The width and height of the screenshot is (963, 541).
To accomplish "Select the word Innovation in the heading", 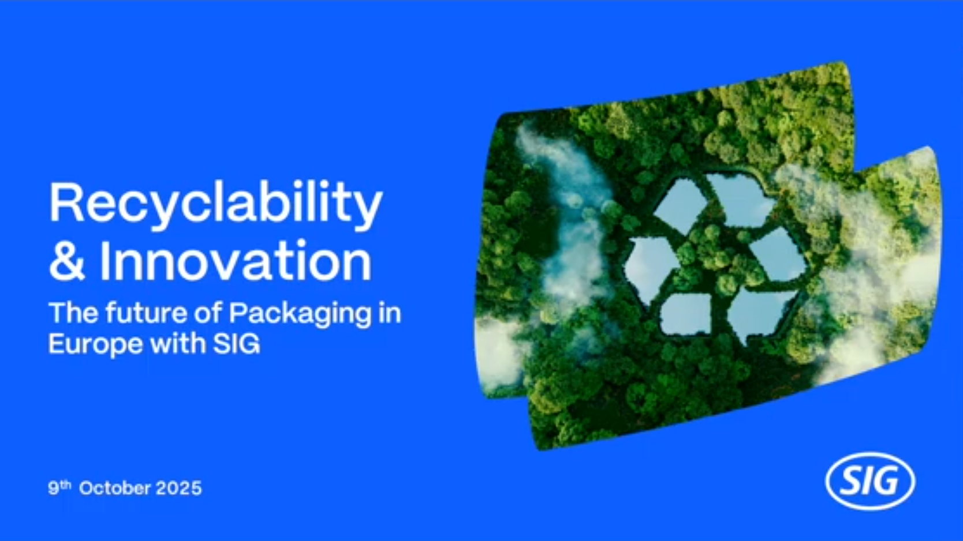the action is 235,260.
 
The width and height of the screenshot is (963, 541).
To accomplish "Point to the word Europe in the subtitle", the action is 95,345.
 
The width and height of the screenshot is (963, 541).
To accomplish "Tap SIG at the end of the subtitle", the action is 237,344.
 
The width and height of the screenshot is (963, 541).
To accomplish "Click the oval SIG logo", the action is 870,482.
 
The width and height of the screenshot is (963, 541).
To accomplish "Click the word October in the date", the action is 115,489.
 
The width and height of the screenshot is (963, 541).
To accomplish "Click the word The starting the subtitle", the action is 73,313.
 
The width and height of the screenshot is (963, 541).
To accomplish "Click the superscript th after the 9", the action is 66,484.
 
